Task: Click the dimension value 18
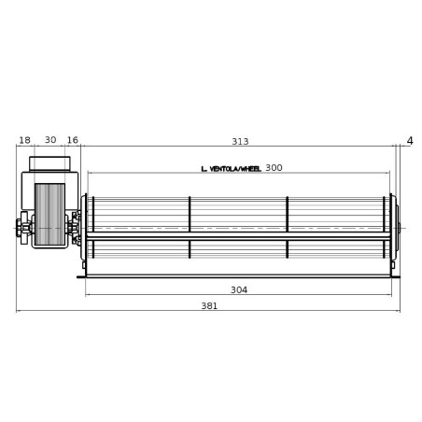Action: pos(24,141)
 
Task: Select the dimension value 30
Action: pos(50,141)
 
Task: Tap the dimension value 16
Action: pos(73,141)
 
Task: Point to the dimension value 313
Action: pos(240,142)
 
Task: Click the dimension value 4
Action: pos(410,141)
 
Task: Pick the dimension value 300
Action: pos(274,168)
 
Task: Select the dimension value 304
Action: pos(239,290)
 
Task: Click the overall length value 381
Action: pos(210,306)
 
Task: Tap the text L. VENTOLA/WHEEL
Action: pos(231,169)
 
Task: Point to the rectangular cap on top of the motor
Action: pos(50,164)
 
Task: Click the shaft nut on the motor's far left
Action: pos(20,226)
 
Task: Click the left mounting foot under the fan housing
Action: pos(81,276)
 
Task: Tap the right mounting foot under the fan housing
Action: pos(396,275)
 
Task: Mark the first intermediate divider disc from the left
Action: pos(190,227)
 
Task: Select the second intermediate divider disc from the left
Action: pos(287,227)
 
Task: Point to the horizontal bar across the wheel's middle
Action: pos(238,236)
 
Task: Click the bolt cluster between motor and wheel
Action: pos(74,227)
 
